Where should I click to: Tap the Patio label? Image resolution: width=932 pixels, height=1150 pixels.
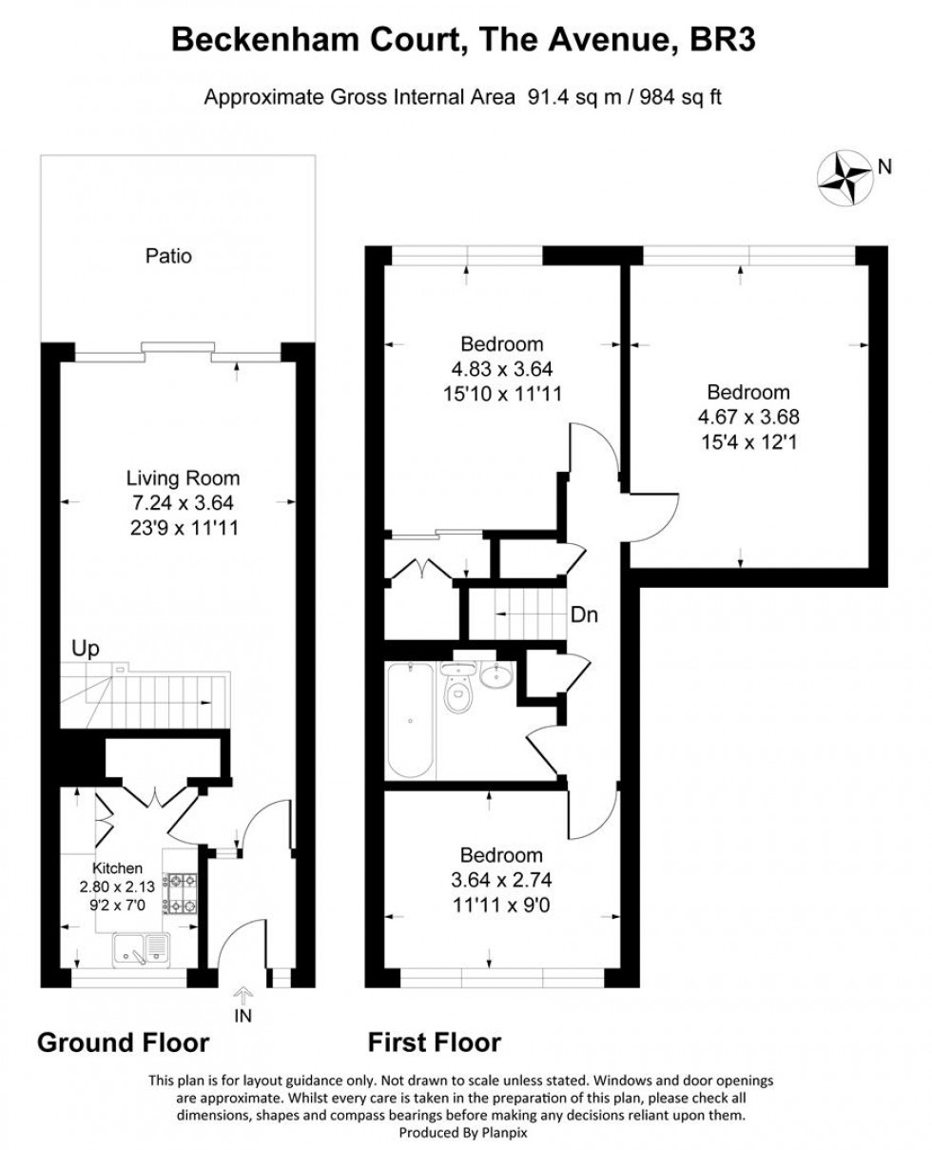(168, 256)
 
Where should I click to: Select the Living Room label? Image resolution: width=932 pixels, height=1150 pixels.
(184, 479)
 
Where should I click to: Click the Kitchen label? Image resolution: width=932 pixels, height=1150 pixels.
(117, 868)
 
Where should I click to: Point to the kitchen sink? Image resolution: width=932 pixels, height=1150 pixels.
(141, 948)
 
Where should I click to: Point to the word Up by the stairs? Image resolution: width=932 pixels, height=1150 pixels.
(86, 650)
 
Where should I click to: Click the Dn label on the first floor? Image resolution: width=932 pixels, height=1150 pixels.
(584, 615)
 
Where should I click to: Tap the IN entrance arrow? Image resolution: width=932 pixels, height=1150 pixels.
(243, 1004)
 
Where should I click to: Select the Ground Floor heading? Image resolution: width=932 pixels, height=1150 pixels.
(123, 1043)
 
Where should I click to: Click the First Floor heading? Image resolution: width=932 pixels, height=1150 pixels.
(435, 1043)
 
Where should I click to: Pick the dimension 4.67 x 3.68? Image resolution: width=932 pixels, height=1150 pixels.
(748, 417)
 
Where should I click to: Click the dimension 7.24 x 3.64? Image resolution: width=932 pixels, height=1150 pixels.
(184, 503)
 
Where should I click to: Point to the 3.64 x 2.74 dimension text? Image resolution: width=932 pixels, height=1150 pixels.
(501, 879)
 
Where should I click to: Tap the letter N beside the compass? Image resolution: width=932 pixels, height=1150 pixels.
(884, 167)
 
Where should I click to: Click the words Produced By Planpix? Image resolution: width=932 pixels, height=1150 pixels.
(465, 1133)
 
